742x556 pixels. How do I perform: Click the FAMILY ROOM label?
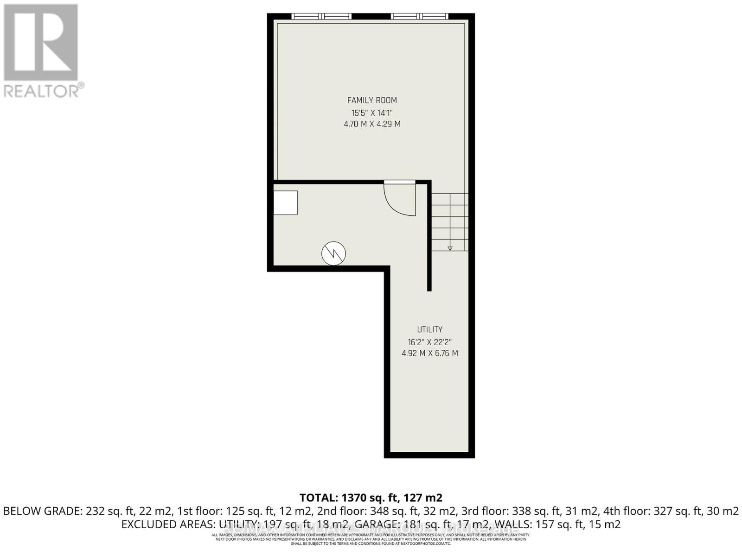[372, 100]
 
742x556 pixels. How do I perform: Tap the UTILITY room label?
[429, 329]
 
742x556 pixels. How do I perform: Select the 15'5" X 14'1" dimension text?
[372, 113]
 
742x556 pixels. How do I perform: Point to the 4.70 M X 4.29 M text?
[372, 124]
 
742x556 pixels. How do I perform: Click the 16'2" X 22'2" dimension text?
[429, 342]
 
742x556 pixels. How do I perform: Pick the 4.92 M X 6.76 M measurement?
[429, 353]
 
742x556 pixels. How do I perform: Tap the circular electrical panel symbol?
[334, 253]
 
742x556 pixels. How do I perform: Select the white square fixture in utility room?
[285, 203]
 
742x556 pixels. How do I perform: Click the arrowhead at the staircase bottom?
[450, 248]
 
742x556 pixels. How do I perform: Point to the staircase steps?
[450, 221]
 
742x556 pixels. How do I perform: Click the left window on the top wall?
[321, 17]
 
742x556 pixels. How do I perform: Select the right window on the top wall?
[420, 17]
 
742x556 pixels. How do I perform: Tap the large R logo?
[41, 43]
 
